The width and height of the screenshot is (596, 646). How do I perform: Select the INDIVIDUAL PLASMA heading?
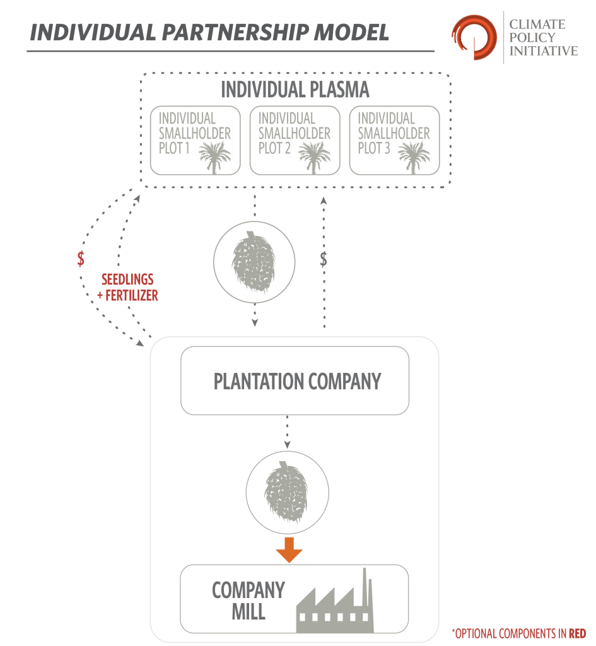295,90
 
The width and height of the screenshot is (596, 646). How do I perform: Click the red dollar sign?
81,259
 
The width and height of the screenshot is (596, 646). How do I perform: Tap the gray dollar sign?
324,259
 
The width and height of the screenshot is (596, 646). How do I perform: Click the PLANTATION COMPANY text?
297,382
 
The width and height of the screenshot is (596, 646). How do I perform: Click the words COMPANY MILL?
248,601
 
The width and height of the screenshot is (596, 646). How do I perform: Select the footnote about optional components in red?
518,633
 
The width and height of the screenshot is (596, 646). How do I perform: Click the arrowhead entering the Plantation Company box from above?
255,323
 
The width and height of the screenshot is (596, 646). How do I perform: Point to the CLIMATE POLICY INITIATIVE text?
542,37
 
